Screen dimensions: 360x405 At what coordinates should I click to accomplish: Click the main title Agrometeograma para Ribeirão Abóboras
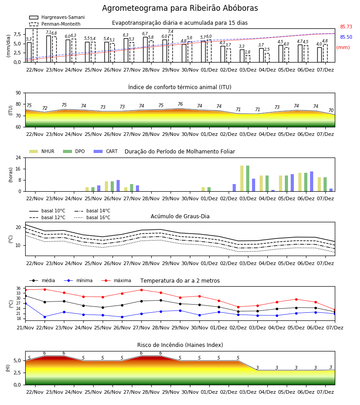[180, 8]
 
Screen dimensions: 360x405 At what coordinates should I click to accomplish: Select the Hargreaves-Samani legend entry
[57, 17]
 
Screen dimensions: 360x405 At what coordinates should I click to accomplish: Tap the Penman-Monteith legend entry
[55, 24]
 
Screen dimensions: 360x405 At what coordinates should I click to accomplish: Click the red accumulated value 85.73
[346, 27]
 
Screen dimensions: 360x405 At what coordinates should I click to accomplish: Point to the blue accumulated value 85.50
[346, 37]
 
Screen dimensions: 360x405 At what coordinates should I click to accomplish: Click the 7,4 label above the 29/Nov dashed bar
[171, 31]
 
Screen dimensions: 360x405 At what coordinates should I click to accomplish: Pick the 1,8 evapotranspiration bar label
[247, 52]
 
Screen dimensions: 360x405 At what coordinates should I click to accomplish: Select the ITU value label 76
[180, 104]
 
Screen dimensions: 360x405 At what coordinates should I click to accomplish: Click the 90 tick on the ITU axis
[18, 93]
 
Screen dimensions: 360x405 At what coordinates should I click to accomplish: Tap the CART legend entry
[106, 151]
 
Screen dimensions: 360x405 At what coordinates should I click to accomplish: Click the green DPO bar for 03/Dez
[247, 179]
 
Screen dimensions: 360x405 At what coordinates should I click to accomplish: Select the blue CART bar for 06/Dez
[312, 182]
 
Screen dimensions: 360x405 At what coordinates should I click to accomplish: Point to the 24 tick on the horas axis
[18, 157]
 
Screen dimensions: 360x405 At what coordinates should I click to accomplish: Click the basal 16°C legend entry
[92, 217]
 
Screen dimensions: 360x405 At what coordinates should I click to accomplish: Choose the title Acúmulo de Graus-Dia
[180, 216]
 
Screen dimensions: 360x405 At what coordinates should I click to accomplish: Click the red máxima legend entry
[116, 280]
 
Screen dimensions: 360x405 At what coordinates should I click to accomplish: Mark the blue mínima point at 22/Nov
[45, 317]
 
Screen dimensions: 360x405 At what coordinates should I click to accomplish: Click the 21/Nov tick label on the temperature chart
[25, 328]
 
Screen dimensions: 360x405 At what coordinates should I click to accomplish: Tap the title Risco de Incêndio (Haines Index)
[180, 345]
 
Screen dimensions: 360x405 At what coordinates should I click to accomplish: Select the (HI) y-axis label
[8, 368]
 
